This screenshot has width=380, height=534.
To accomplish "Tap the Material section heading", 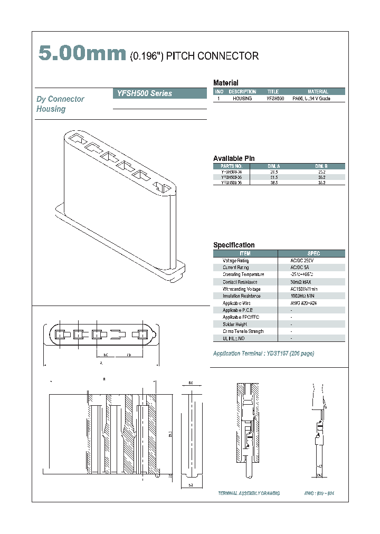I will tap(225, 83).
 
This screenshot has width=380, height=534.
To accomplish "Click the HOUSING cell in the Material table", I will tap(242, 99).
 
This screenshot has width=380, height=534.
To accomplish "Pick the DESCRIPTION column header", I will tap(242, 92).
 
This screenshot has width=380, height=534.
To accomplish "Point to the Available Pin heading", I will tap(234, 158).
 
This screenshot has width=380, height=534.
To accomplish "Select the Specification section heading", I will tap(233, 245).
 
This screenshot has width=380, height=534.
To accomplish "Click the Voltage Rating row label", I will tap(235, 261).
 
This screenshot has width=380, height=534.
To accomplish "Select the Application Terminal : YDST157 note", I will tap(263, 354).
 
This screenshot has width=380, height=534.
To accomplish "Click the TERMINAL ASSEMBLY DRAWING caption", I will tap(249, 493).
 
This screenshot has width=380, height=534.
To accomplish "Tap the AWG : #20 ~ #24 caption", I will tap(319, 493).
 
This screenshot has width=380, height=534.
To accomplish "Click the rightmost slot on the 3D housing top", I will tap(163, 187).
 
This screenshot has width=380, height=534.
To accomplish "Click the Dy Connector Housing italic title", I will tap(60, 104).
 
